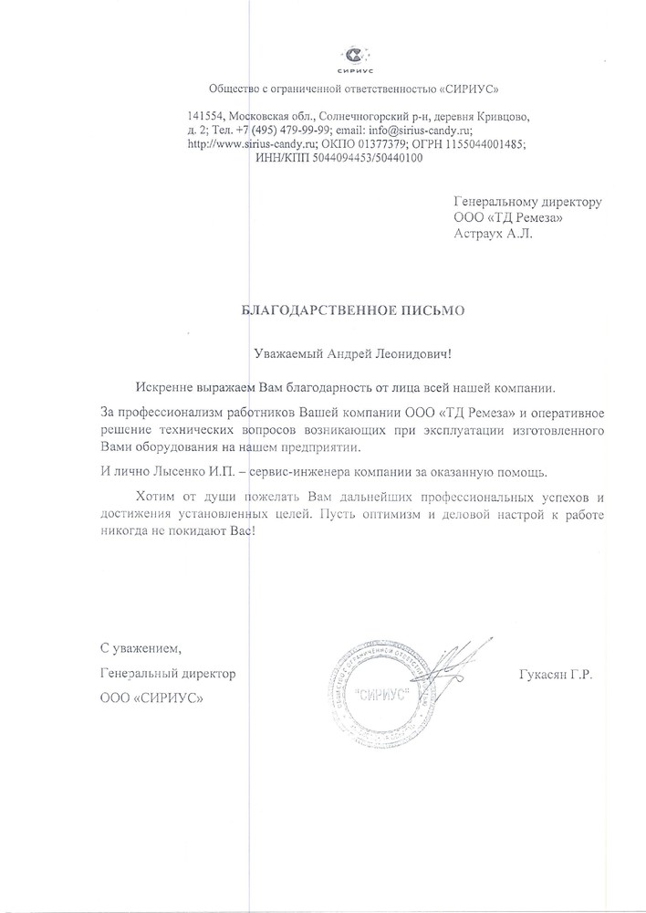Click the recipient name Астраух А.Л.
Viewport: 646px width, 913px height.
click(490, 234)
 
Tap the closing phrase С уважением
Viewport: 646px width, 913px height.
click(141, 649)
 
